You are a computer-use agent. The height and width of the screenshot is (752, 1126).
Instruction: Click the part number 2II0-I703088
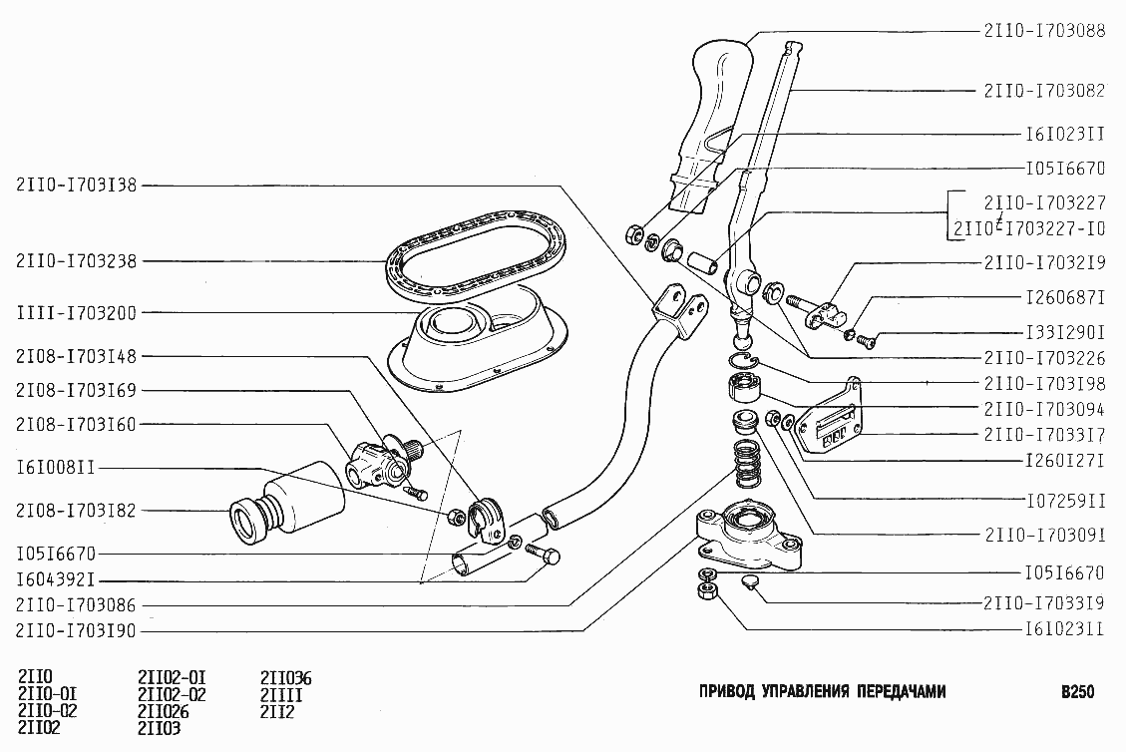(1043, 31)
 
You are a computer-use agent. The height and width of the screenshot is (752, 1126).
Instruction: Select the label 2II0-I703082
(1043, 90)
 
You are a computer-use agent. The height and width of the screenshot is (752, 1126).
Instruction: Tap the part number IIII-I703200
(77, 312)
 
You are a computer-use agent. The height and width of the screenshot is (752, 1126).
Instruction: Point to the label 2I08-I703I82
(77, 511)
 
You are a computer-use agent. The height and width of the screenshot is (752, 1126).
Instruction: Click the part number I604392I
(54, 579)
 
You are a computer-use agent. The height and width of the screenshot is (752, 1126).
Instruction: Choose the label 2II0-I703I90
(77, 631)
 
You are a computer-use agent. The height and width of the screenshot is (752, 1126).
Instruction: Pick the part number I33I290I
(1064, 332)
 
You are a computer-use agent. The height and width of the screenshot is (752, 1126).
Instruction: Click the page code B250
(1077, 691)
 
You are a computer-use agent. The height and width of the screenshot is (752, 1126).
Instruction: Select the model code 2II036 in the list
(285, 678)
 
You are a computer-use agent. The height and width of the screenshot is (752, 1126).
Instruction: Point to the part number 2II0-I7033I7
(1043, 436)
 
